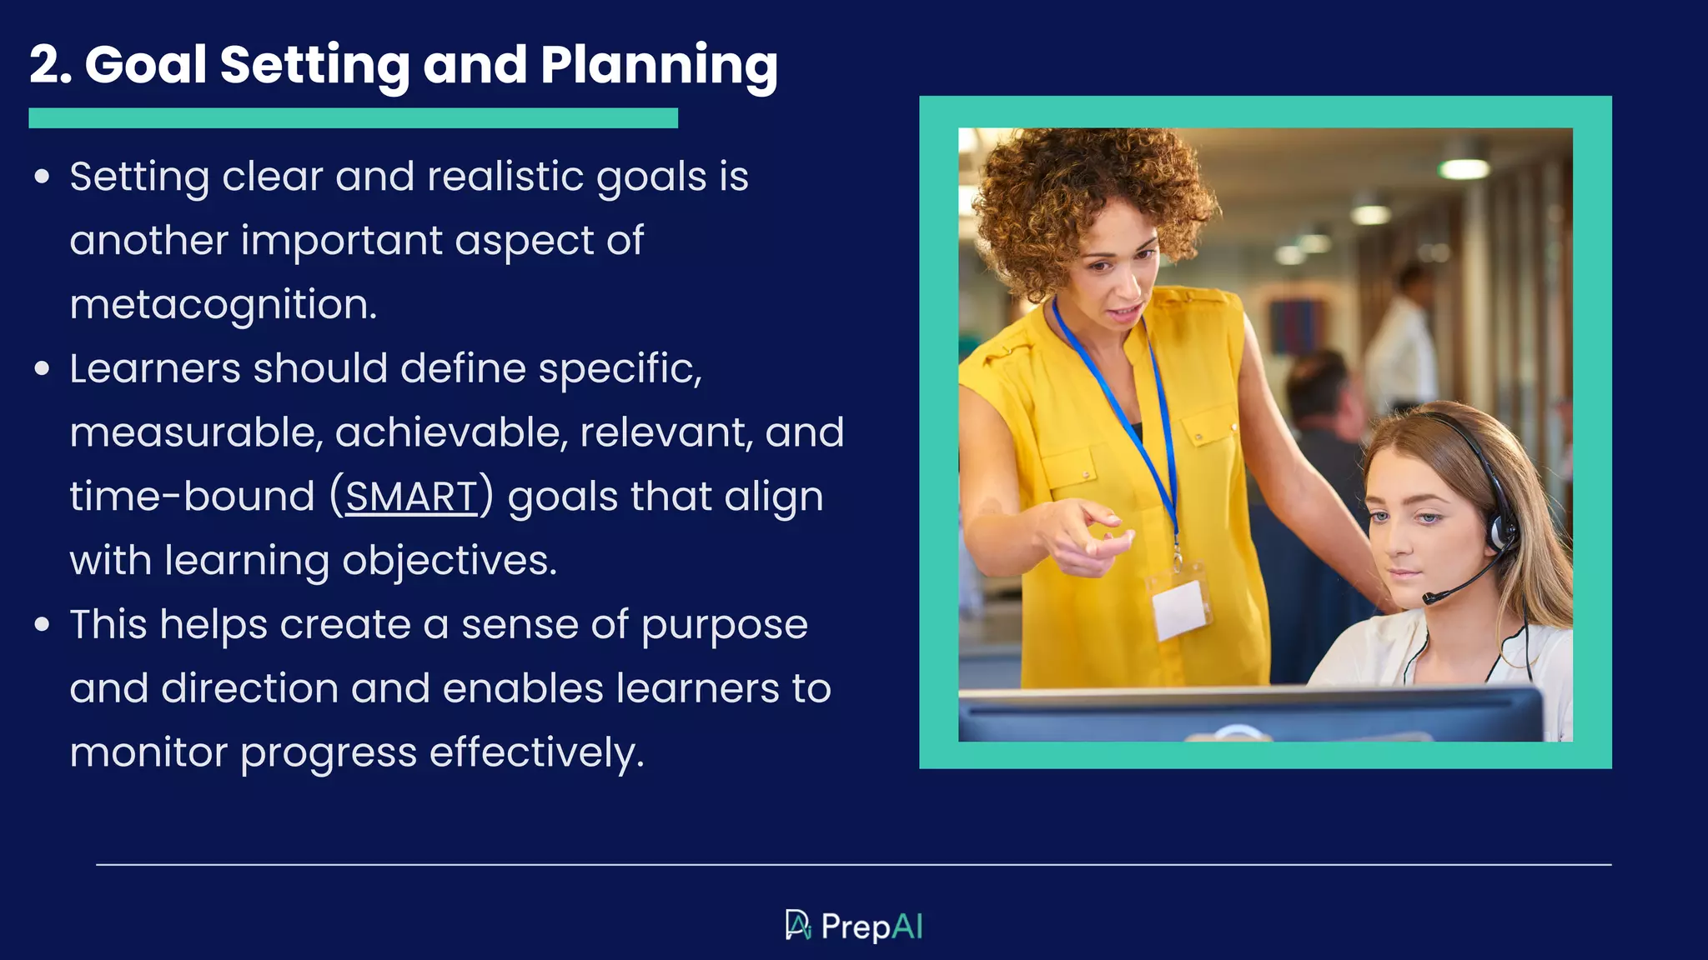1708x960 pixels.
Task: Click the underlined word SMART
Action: coord(411,497)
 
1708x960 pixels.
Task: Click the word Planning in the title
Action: coord(659,65)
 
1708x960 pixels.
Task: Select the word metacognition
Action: coord(223,305)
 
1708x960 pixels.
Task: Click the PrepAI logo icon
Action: coord(797,925)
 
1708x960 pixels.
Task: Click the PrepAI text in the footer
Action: coord(872,927)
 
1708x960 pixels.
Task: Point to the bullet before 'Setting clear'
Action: coord(43,177)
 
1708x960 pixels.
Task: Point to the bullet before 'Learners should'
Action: coord(43,368)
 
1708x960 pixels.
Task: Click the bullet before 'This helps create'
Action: coord(43,624)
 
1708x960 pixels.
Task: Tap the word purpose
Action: coord(724,625)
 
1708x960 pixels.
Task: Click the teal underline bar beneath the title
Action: coord(353,117)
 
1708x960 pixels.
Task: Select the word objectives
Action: coord(450,561)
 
